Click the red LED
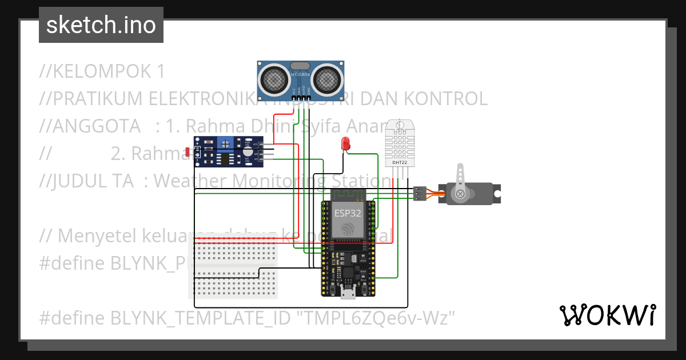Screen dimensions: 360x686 coord(345,143)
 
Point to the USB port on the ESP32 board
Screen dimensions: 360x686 coord(347,293)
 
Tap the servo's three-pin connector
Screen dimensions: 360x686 coord(420,194)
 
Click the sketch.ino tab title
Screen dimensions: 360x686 coord(101,25)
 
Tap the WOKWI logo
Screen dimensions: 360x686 coord(607,315)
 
